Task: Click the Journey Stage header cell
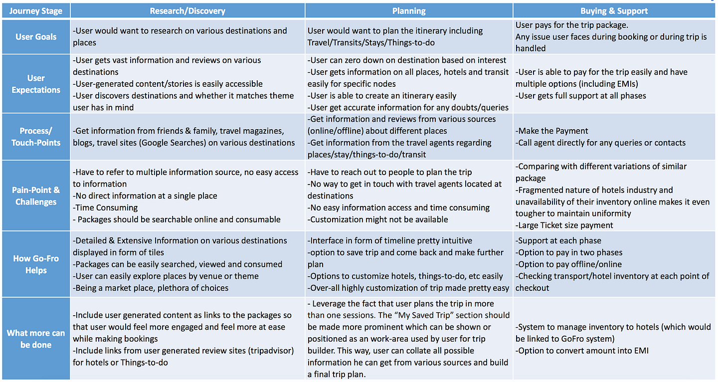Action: point(35,10)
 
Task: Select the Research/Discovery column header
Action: point(187,10)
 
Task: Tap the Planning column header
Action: point(409,10)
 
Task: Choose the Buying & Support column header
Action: point(614,10)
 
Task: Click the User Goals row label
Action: point(35,36)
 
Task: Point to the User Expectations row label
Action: point(35,84)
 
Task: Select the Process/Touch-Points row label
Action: point(35,137)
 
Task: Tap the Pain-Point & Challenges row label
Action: point(35,195)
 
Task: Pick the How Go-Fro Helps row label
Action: point(35,264)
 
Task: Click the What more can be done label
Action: point(35,339)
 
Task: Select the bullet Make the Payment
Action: point(552,131)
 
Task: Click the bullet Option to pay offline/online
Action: point(562,264)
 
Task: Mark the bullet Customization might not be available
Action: point(378,219)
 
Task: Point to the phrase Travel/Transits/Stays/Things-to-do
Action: point(370,42)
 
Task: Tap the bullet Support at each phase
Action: point(558,240)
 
